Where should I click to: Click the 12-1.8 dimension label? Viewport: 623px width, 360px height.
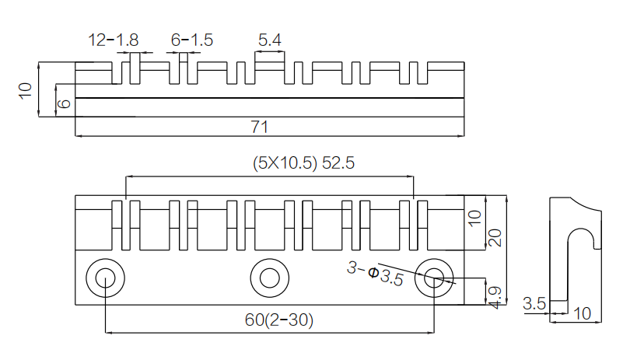(114, 40)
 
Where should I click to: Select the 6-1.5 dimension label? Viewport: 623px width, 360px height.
(192, 40)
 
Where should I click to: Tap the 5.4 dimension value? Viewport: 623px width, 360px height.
(270, 40)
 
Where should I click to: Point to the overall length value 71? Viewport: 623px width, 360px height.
(260, 128)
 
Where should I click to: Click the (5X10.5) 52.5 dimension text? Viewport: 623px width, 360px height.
(303, 163)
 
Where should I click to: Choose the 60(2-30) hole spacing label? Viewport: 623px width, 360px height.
(279, 320)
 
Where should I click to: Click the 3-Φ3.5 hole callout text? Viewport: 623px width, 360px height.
(375, 274)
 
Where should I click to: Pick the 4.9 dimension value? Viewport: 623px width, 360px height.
(495, 298)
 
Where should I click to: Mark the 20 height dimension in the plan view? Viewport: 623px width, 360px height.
(495, 238)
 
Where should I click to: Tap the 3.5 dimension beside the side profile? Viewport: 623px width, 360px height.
(534, 304)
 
